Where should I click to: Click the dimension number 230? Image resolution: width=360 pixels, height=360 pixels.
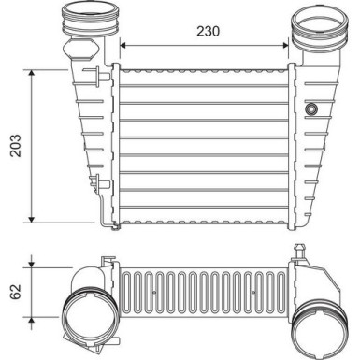pos(209,31)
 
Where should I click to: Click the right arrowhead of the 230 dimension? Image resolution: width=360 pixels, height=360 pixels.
pos(288,44)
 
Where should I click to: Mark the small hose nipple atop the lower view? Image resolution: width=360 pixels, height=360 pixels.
pos(298,251)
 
